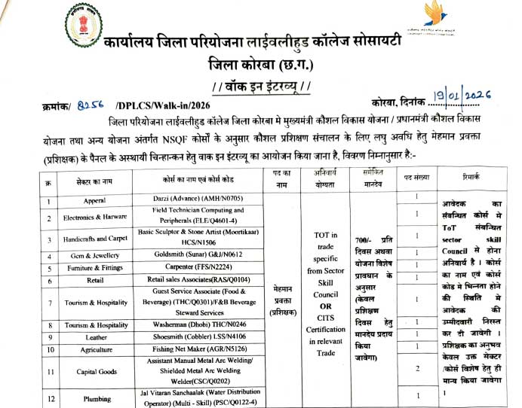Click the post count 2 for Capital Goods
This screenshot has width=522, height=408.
coord(417,369)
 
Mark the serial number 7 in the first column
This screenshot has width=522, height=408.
coord(48,303)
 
